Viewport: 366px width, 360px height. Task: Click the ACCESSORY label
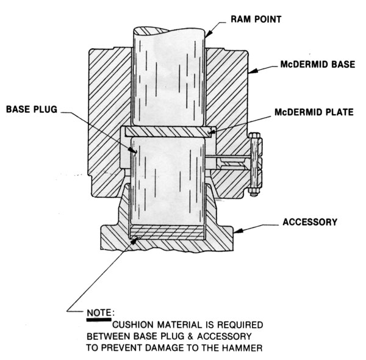point(309,222)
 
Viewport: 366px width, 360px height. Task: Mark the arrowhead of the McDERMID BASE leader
point(249,73)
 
